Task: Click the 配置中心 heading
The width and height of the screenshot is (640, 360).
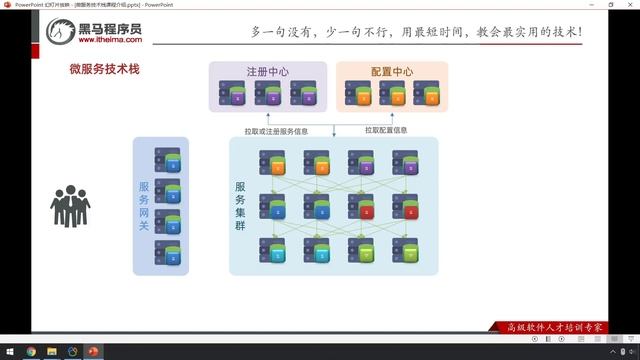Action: [391, 72]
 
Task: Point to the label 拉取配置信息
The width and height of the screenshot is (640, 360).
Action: [386, 130]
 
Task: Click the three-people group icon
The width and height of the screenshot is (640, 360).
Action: [70, 205]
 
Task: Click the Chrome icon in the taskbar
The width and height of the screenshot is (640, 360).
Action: [30, 352]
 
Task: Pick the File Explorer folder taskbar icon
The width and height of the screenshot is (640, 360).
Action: [52, 352]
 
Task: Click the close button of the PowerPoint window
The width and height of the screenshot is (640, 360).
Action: [628, 4]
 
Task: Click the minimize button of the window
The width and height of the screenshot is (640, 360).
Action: [583, 4]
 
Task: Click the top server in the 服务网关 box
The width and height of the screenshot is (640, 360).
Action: [168, 159]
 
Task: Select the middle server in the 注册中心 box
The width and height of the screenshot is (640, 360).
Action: [268, 94]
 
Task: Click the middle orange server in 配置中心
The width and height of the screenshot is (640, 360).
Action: [392, 94]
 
